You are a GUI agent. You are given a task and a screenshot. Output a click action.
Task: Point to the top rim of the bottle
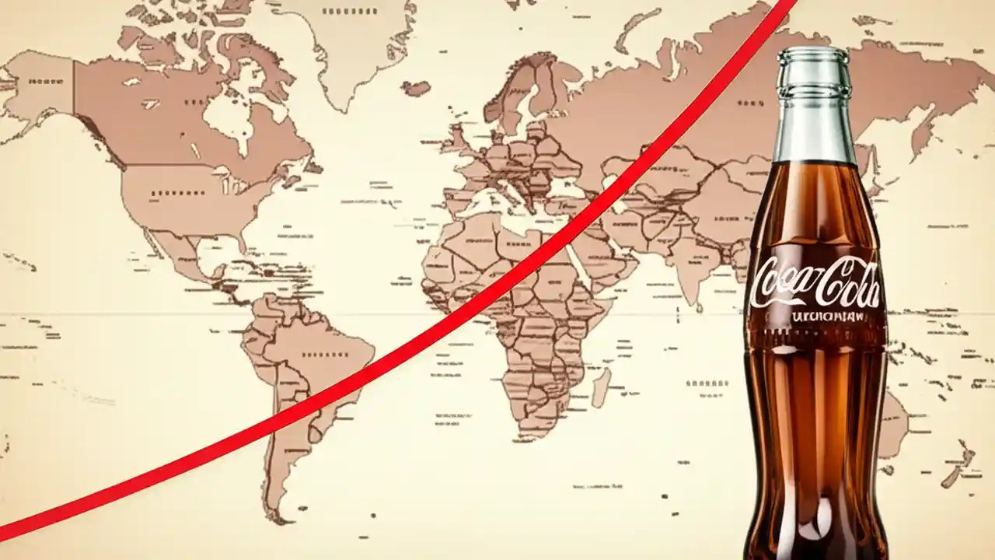pyautogui.click(x=814, y=54)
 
